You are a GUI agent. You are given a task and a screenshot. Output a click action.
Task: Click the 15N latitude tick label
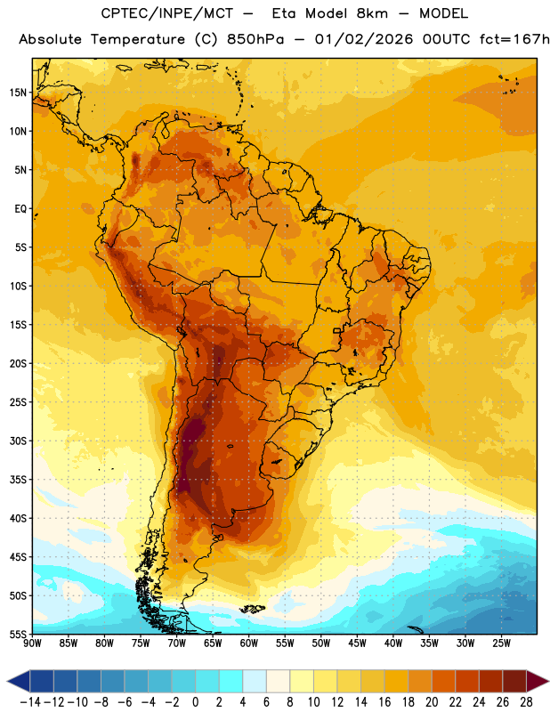coord(18,93)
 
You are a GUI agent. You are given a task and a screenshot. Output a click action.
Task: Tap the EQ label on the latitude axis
coord(20,209)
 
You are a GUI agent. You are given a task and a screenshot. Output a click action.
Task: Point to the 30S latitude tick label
coord(18,441)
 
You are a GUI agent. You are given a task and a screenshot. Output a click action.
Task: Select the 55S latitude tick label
coord(18,634)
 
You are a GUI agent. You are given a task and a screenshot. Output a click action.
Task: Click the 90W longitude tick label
coord(32,643)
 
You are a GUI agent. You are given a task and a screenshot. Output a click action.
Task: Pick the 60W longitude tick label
coord(249,643)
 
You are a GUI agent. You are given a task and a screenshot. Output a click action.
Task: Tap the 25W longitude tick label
coord(501,643)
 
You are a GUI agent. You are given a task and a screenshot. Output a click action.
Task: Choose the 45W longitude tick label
coord(357,643)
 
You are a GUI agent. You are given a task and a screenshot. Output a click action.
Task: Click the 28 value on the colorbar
coord(526,702)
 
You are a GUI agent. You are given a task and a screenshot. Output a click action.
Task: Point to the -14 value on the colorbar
coord(30,702)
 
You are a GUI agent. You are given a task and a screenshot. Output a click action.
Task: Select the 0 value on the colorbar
coord(195,702)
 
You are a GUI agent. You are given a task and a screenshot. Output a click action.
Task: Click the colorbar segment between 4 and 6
coord(255,681)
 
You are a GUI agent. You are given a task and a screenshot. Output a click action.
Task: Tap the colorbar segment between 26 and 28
coord(514,681)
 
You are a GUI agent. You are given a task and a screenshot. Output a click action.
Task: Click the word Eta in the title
coord(284,13)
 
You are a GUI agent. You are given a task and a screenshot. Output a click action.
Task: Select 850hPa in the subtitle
coord(255,39)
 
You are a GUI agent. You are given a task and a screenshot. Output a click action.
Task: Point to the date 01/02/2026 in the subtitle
coord(364,39)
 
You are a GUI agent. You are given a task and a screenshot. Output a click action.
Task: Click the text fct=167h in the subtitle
coord(514,39)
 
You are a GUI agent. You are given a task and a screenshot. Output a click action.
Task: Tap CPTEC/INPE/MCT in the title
coord(167,13)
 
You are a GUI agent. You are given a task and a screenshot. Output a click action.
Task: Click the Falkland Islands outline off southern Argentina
coord(253,609)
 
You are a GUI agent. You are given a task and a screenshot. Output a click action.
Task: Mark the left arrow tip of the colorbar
coord(7,681)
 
